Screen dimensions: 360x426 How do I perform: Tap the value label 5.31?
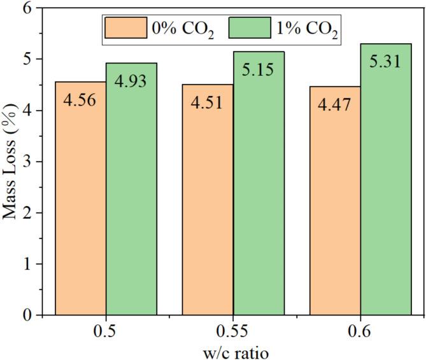pos(386,62)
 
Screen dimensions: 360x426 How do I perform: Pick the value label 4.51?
pos(208,102)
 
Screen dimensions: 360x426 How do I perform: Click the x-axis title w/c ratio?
pos(232,351)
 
